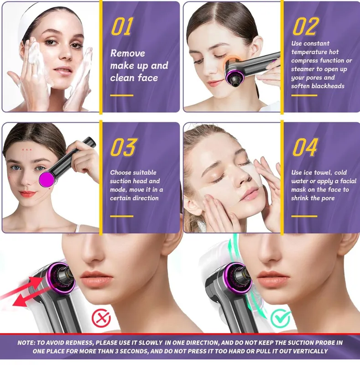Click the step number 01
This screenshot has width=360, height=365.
[122, 26]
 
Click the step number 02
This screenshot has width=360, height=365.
[305, 26]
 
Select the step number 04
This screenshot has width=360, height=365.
[305, 147]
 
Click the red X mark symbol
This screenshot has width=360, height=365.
[101, 318]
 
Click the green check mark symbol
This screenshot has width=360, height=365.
[280, 318]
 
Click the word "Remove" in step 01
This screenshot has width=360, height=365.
[128, 53]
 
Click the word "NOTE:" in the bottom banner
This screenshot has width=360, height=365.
[26, 343]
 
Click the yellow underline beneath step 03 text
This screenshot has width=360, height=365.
[121, 216]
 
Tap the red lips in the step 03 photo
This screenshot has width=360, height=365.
[27, 193]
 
